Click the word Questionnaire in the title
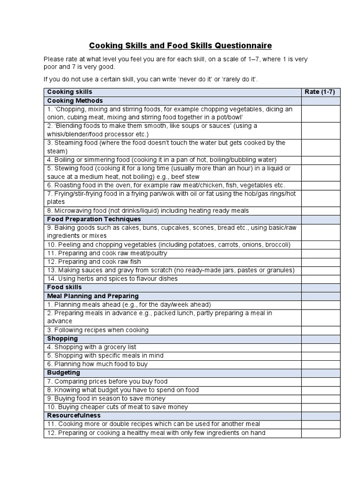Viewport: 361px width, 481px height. coord(243,46)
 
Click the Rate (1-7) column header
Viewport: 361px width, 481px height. coord(320,92)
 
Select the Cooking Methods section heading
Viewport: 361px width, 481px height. coord(75,101)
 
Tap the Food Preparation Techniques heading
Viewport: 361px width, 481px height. coord(94,219)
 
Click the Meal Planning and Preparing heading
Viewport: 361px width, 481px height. coord(93,296)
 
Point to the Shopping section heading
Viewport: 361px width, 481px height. coord(63,338)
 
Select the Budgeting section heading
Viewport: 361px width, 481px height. coord(63,372)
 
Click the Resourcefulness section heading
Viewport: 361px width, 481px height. coord(74,415)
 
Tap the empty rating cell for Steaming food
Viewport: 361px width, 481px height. coord(321,147)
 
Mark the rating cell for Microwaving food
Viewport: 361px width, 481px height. coord(321,210)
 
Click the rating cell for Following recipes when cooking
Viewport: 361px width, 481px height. coord(321,330)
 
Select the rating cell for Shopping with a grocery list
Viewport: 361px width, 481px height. coord(321,347)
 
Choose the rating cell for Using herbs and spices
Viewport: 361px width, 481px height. coord(321,278)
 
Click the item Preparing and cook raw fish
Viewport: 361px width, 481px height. coord(94,261)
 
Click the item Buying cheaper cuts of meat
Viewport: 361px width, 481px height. coord(117,407)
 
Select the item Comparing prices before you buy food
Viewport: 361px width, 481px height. coord(107,381)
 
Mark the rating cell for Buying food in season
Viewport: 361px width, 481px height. coord(321,398)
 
